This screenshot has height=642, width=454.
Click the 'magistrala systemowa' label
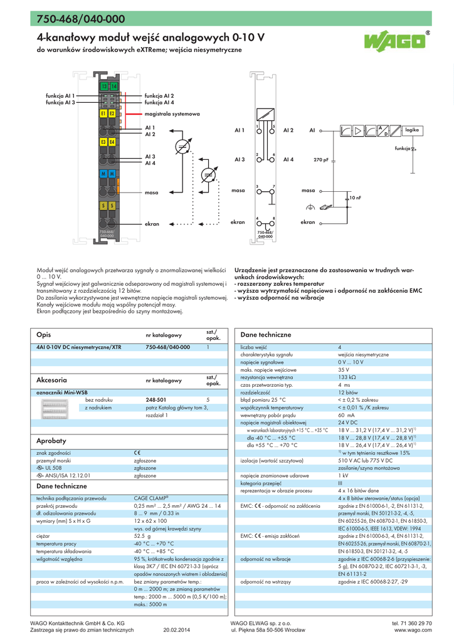point(172,114)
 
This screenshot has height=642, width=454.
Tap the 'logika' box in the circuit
point(411,129)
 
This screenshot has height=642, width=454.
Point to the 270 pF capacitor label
point(321,160)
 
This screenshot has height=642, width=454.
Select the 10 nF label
point(355,197)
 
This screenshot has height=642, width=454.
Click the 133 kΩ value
point(347,377)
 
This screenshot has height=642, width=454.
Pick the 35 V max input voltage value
point(343,370)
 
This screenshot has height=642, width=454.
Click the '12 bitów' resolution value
point(348,392)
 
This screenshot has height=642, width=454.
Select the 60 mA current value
point(346,415)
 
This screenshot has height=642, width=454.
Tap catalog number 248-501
point(156,399)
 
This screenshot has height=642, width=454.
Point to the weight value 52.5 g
point(143,536)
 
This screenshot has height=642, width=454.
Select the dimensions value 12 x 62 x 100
point(150,521)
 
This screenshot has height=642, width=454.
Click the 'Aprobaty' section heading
point(51,441)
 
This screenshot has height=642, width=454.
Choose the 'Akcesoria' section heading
point(52,380)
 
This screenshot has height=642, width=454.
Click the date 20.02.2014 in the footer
point(176,630)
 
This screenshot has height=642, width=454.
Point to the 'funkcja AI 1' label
point(60,95)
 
